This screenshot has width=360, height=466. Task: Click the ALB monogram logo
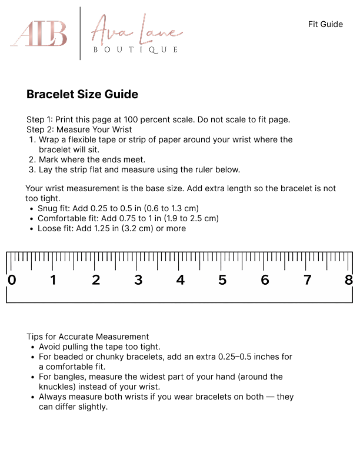point(39,34)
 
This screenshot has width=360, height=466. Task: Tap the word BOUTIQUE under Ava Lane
point(135,50)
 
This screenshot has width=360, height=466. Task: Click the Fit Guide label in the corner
point(325,24)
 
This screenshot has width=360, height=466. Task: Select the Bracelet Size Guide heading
point(82,94)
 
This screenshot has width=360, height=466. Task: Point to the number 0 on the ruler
point(11,280)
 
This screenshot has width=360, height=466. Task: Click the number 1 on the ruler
point(54,280)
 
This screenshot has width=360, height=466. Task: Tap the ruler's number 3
point(138,280)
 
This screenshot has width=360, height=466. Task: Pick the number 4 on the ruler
point(181,280)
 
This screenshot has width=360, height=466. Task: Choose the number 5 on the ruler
point(222,280)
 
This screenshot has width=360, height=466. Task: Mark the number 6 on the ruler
point(265,280)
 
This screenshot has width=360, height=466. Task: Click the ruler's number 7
point(307,280)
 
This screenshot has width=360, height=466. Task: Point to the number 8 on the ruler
point(349,280)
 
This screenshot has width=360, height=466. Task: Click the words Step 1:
point(40,119)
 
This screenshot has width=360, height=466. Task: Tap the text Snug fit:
point(54,208)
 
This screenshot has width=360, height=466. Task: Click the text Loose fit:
point(56,228)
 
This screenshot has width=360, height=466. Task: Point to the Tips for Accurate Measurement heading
point(88,337)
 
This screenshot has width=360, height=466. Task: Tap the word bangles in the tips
point(65,377)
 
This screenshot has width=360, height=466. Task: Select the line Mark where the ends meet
point(92,159)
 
